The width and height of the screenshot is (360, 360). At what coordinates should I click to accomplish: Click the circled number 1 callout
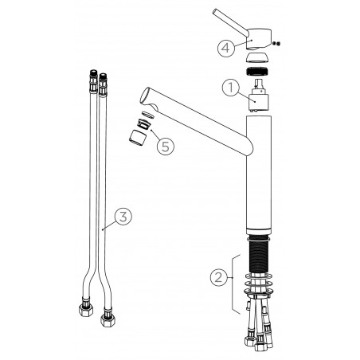pos(230,88)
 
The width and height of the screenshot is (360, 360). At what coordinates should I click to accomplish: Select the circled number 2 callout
pos(218,277)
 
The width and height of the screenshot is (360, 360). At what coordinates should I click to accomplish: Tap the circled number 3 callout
pos(123,217)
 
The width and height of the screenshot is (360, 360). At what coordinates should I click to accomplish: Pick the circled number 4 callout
pos(226,48)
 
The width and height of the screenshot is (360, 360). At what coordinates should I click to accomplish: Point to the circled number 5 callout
pos(166,146)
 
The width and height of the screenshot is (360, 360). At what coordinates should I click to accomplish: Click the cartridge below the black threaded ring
pos(257,96)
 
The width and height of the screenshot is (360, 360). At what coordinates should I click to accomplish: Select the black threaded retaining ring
pos(257,72)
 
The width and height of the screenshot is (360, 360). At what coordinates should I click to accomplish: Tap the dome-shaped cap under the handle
pos(257,57)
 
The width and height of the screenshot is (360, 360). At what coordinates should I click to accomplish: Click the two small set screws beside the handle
pos(276,44)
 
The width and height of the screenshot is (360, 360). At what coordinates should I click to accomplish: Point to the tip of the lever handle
pos(215,12)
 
